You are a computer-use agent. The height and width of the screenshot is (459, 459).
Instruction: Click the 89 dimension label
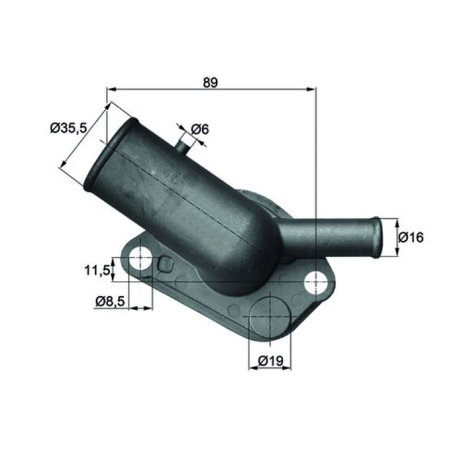211,83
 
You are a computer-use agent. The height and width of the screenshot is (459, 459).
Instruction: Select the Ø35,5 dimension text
69,127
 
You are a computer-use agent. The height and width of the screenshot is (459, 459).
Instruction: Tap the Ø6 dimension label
200,129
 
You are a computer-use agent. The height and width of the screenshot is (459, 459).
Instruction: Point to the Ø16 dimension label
411,237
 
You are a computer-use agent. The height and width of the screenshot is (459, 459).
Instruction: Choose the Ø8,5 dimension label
110,301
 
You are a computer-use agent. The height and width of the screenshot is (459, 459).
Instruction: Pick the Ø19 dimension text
270,361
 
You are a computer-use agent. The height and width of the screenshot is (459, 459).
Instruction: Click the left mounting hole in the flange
141,259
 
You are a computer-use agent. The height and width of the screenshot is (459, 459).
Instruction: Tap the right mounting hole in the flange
316,283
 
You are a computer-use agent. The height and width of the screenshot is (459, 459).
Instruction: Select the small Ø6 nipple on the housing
183,146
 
